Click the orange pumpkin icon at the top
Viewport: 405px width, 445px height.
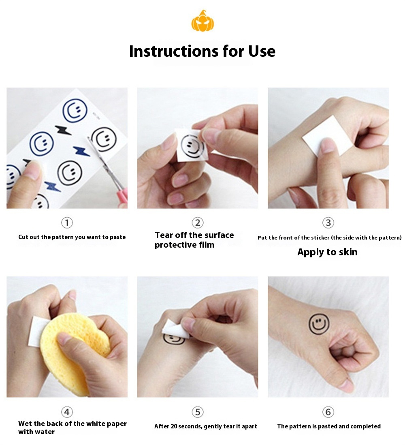point(202,21)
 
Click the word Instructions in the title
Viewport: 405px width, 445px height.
point(174,51)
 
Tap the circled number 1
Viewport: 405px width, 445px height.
point(67,223)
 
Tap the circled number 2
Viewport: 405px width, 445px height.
point(198,223)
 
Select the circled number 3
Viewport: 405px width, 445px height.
point(328,223)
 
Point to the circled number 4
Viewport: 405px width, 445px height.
point(67,412)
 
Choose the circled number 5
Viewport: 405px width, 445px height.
point(198,412)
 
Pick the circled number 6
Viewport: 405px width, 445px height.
point(328,412)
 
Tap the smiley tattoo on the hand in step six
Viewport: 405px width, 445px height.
point(319,324)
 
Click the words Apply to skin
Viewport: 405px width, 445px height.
point(327,252)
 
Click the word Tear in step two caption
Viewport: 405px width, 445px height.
point(164,235)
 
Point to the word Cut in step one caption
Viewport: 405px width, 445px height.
point(23,237)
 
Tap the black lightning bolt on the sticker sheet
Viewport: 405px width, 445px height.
point(63,130)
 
